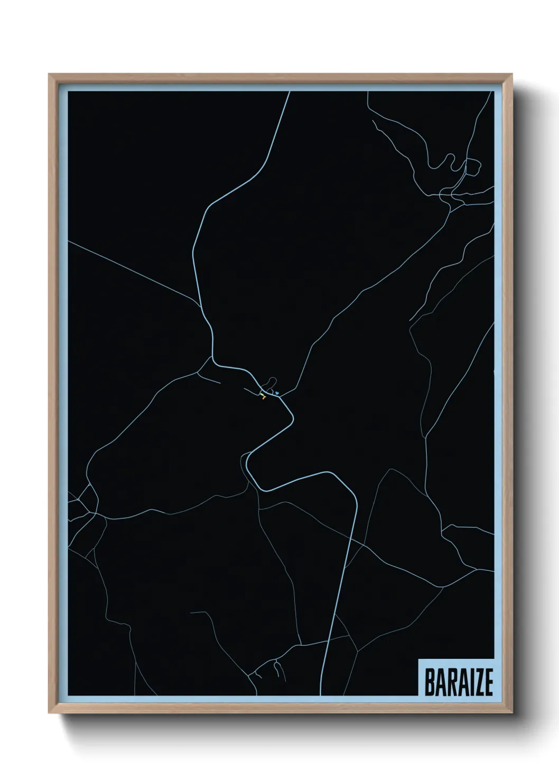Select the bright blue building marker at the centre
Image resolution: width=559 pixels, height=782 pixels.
click(276, 393)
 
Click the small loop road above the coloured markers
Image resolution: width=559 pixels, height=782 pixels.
click(271, 381)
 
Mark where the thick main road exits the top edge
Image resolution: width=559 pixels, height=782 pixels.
click(290, 92)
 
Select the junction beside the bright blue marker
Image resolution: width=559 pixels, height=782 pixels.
click(280, 395)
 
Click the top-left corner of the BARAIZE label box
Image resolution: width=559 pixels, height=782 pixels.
click(418, 659)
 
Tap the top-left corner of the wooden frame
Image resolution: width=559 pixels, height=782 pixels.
click(49, 75)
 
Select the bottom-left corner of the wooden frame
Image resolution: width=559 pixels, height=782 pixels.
click(49, 713)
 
